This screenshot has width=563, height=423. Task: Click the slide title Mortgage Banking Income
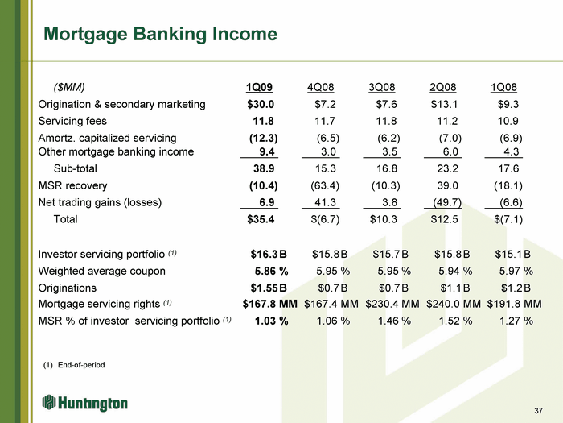[160, 35]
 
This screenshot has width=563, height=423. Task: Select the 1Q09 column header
[259, 87]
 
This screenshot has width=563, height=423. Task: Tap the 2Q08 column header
[442, 87]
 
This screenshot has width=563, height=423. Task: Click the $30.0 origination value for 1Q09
[261, 104]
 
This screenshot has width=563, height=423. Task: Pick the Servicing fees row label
[72, 121]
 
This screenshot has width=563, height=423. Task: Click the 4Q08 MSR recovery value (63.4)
[325, 185]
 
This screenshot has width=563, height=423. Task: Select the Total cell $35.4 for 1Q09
[261, 219]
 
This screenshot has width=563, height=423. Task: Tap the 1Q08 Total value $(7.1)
[508, 219]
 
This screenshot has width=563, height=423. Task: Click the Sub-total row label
[76, 168]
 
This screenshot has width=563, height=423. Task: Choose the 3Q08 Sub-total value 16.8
[386, 168]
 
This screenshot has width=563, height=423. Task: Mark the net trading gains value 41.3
[325, 202]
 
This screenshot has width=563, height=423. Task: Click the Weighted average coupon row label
[102, 272]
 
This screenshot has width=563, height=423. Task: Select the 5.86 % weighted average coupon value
[272, 272]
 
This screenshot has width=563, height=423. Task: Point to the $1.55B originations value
[269, 288]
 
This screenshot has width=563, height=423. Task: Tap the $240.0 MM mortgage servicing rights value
[454, 304]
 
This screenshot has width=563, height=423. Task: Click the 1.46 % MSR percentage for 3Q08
[394, 321]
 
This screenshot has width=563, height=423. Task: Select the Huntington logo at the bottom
[84, 403]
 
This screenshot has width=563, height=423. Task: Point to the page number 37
[538, 411]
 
